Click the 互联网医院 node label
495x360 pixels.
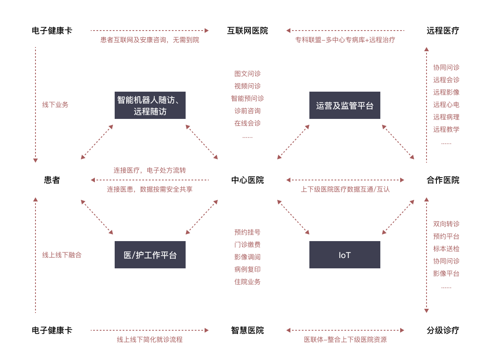click(247, 31)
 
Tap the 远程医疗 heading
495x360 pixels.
click(443, 31)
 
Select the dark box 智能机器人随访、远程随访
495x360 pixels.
click(150, 105)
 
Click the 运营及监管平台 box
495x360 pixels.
click(345, 105)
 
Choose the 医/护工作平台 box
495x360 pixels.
click(150, 255)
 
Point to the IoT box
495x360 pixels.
click(345, 255)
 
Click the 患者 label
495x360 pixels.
click(52, 180)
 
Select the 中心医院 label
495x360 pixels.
click(247, 180)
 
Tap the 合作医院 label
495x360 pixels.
click(443, 180)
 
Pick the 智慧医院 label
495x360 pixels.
click(247, 330)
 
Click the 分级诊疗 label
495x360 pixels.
click(443, 330)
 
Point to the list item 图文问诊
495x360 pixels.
click(247, 73)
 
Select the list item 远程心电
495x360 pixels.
click(446, 104)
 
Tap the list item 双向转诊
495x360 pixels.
click(446, 224)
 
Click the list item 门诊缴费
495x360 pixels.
click(247, 244)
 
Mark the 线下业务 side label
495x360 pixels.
click(55, 104)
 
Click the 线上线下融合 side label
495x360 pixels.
click(62, 255)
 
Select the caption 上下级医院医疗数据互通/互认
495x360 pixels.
click(345, 189)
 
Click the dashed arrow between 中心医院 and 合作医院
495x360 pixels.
click(345, 180)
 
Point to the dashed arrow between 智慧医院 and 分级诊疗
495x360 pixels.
click(345, 330)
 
